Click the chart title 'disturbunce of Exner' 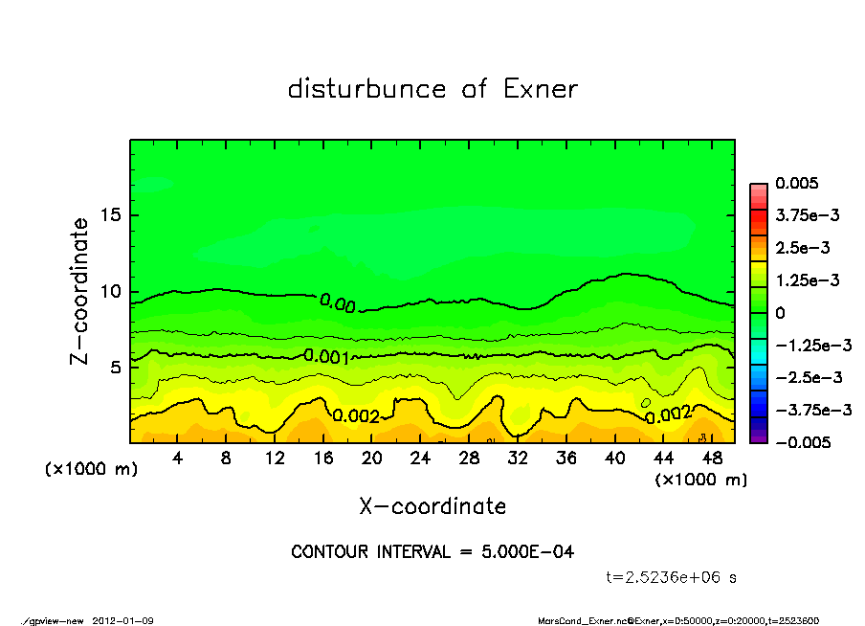(432, 89)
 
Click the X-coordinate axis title (432, 505)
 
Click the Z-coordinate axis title (80, 291)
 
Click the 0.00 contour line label (338, 303)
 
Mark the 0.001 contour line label (325, 356)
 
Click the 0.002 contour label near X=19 (356, 415)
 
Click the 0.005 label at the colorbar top (796, 184)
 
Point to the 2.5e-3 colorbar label (802, 248)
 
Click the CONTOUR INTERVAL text (432, 552)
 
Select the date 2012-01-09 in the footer (122, 620)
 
